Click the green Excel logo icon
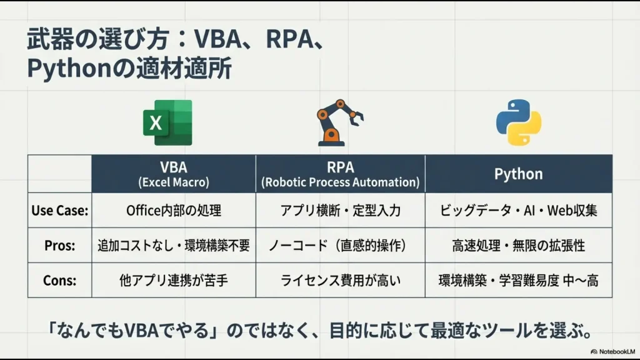(167, 122)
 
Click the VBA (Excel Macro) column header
(174, 174)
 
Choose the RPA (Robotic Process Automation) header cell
(340, 174)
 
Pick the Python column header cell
(518, 174)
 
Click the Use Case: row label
(59, 211)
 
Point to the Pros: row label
(59, 246)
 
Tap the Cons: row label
(59, 281)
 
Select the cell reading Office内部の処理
(174, 211)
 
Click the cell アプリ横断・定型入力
(340, 211)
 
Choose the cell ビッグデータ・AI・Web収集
(518, 211)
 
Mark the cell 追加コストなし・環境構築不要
(174, 246)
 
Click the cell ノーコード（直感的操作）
(340, 246)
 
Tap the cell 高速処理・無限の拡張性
(518, 246)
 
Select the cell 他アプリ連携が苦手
(174, 281)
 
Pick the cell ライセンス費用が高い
(340, 281)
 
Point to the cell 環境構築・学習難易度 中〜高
(518, 281)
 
